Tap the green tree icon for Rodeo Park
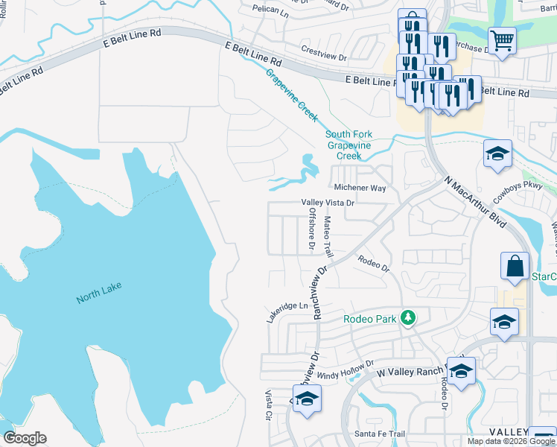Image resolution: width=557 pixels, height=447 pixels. (x=407, y=318)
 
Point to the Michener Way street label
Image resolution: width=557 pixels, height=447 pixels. (x=360, y=188)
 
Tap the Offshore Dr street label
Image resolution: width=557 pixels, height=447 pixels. (x=312, y=229)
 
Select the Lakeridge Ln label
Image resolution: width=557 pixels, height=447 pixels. (x=287, y=311)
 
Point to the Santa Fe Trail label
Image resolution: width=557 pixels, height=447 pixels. (x=379, y=434)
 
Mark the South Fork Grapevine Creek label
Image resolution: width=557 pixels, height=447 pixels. (x=348, y=145)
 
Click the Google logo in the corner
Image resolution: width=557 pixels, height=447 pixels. (x=25, y=438)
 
